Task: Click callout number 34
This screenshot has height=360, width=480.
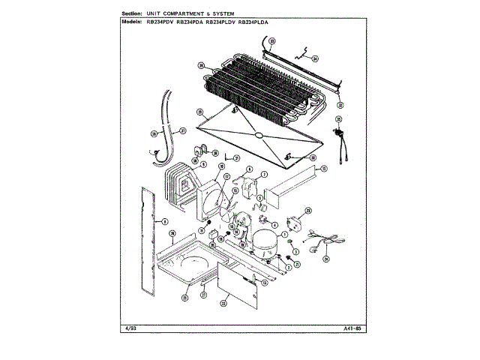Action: [x=315, y=58]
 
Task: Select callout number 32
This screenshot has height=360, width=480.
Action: [x=340, y=106]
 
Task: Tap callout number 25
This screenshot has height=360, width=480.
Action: [x=338, y=119]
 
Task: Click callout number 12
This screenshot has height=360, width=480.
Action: [x=323, y=169]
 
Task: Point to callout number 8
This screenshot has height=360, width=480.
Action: [x=164, y=221]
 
